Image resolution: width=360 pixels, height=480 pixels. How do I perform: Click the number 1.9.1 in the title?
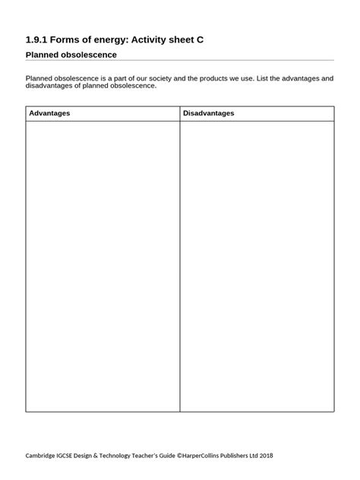[37, 37]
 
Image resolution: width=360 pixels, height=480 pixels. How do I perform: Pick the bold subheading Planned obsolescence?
[71, 55]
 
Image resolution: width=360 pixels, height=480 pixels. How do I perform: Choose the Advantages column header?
[49, 113]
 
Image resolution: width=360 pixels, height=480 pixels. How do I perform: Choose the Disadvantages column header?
[209, 113]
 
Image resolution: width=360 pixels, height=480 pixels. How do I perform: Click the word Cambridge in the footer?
[45, 456]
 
